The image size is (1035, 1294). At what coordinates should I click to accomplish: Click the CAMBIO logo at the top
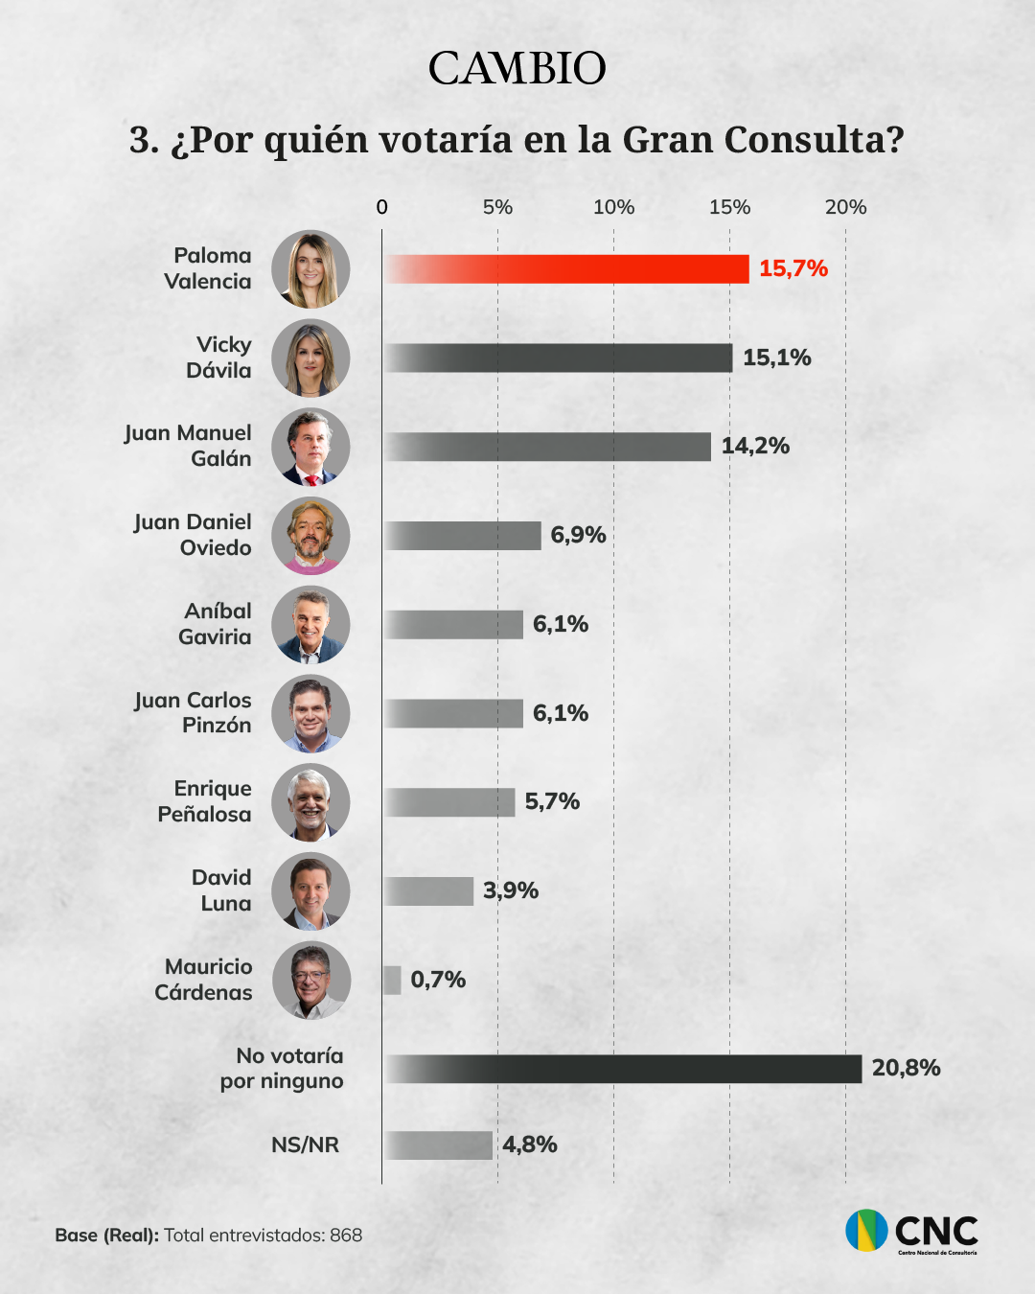[517, 69]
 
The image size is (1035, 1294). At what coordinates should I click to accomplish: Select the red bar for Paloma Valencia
[566, 269]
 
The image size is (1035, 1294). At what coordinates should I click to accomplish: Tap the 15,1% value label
[776, 358]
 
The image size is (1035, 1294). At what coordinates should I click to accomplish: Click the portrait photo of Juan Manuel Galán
[310, 447]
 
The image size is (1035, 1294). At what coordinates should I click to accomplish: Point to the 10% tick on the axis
[613, 207]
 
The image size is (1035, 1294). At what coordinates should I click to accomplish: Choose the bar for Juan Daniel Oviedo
[463, 536]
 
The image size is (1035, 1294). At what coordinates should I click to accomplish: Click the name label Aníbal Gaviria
[215, 624]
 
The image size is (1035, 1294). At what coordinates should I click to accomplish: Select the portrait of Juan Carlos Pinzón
[310, 713]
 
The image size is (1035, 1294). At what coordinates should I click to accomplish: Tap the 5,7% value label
[552, 801]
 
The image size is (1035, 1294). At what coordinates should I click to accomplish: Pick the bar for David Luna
[428, 891]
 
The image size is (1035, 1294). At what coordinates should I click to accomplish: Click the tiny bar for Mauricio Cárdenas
[392, 980]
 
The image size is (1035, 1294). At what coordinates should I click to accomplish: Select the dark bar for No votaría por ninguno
[623, 1069]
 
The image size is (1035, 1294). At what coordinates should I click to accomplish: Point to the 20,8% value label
[906, 1068]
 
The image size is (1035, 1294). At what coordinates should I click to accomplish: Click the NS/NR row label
[305, 1145]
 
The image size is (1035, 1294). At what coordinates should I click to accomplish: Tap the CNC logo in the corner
[911, 1231]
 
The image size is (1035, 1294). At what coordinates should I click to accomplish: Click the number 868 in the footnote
[346, 1236]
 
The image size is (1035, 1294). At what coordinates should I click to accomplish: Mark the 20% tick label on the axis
[845, 207]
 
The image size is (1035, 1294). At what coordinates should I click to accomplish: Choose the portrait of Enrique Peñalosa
[310, 802]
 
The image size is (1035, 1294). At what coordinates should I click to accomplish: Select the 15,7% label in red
[793, 268]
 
